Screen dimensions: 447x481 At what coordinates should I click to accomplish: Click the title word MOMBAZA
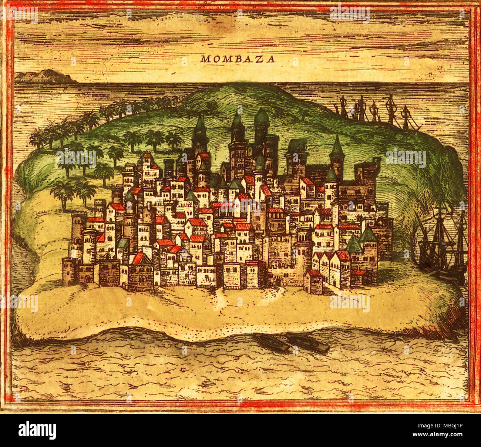tap(238, 59)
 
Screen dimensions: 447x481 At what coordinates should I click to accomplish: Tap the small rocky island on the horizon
tap(44, 77)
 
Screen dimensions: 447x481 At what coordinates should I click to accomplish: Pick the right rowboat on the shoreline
tap(309, 343)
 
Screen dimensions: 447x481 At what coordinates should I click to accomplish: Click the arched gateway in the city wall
tap(277, 281)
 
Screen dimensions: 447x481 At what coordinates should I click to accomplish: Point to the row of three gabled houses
tap(331, 268)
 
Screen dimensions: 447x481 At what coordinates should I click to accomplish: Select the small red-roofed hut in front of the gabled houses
tap(313, 281)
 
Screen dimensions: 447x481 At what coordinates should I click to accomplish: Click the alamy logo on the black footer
tap(37, 430)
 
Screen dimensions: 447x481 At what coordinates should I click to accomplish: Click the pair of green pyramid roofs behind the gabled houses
tap(361, 241)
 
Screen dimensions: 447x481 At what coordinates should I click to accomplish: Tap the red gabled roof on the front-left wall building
tap(138, 258)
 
